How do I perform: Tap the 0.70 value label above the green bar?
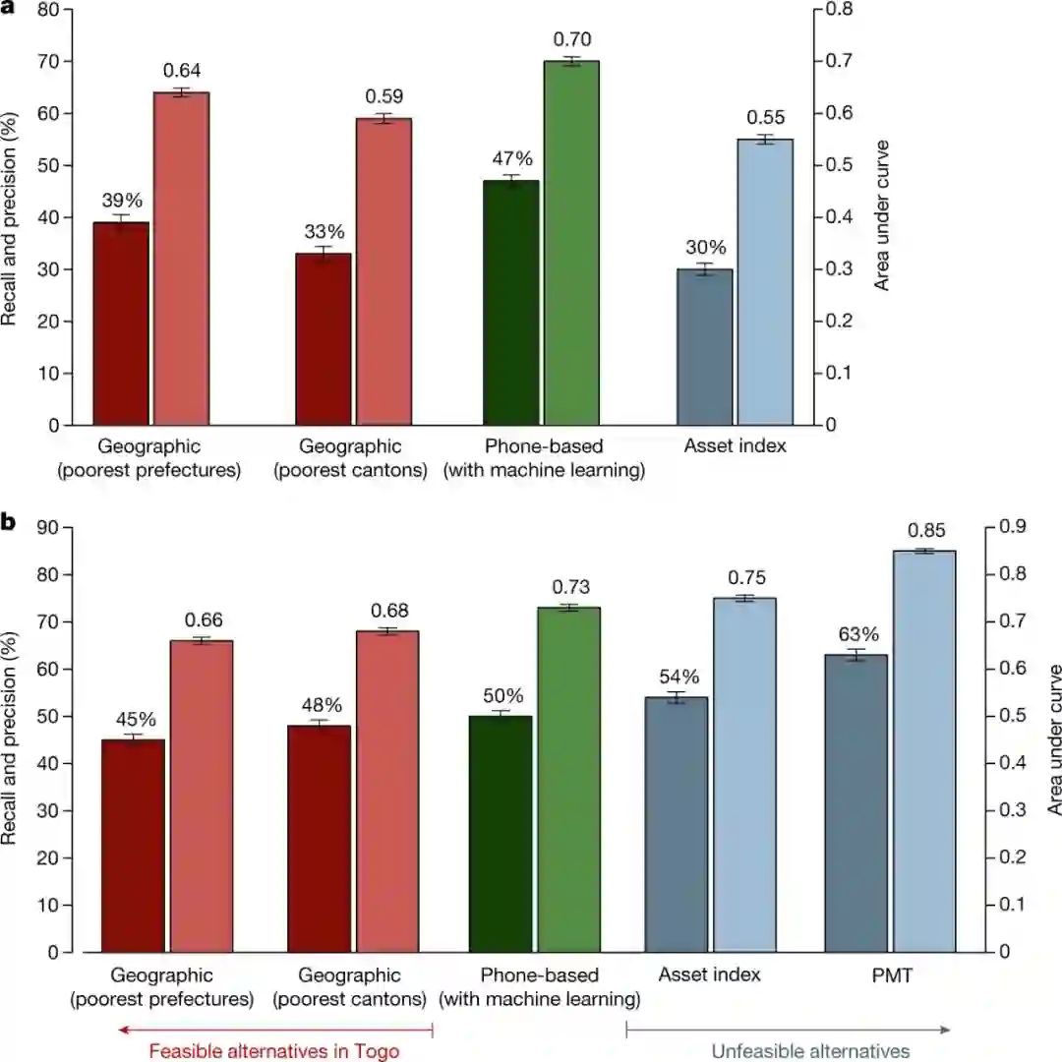(571, 40)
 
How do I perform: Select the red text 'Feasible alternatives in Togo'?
(274, 1051)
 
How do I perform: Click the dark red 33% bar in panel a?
(324, 339)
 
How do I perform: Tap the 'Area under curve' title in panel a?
(882, 216)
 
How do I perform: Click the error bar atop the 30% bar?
(704, 268)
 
